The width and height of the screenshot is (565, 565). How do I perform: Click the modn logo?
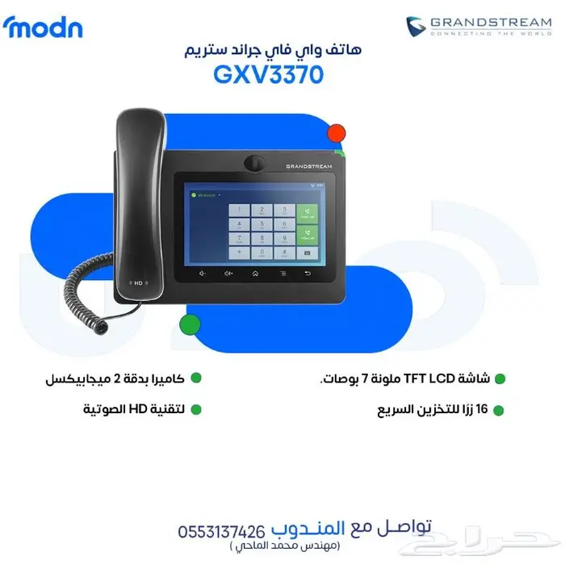pyautogui.click(x=43, y=27)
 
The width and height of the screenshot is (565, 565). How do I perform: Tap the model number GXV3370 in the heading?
pyautogui.click(x=269, y=74)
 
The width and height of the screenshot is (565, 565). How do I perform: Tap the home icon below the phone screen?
pyautogui.click(x=255, y=273)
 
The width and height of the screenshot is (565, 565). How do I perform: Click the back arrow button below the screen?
pyautogui.click(x=307, y=273)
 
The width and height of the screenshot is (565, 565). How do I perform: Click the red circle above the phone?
pyautogui.click(x=337, y=134)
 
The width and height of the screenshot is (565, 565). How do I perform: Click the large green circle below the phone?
pyautogui.click(x=189, y=325)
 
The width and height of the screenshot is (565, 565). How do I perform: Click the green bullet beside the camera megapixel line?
pyautogui.click(x=195, y=378)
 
